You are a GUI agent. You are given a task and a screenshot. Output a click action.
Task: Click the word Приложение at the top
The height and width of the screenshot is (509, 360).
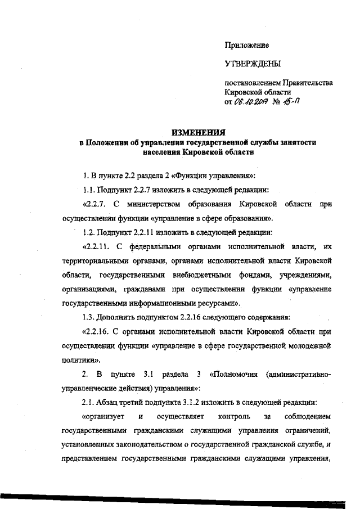(246, 45)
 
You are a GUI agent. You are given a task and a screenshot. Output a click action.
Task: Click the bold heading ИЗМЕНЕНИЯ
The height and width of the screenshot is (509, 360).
(197, 133)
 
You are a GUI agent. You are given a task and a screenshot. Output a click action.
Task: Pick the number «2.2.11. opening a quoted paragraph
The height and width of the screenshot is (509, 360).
(97, 246)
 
